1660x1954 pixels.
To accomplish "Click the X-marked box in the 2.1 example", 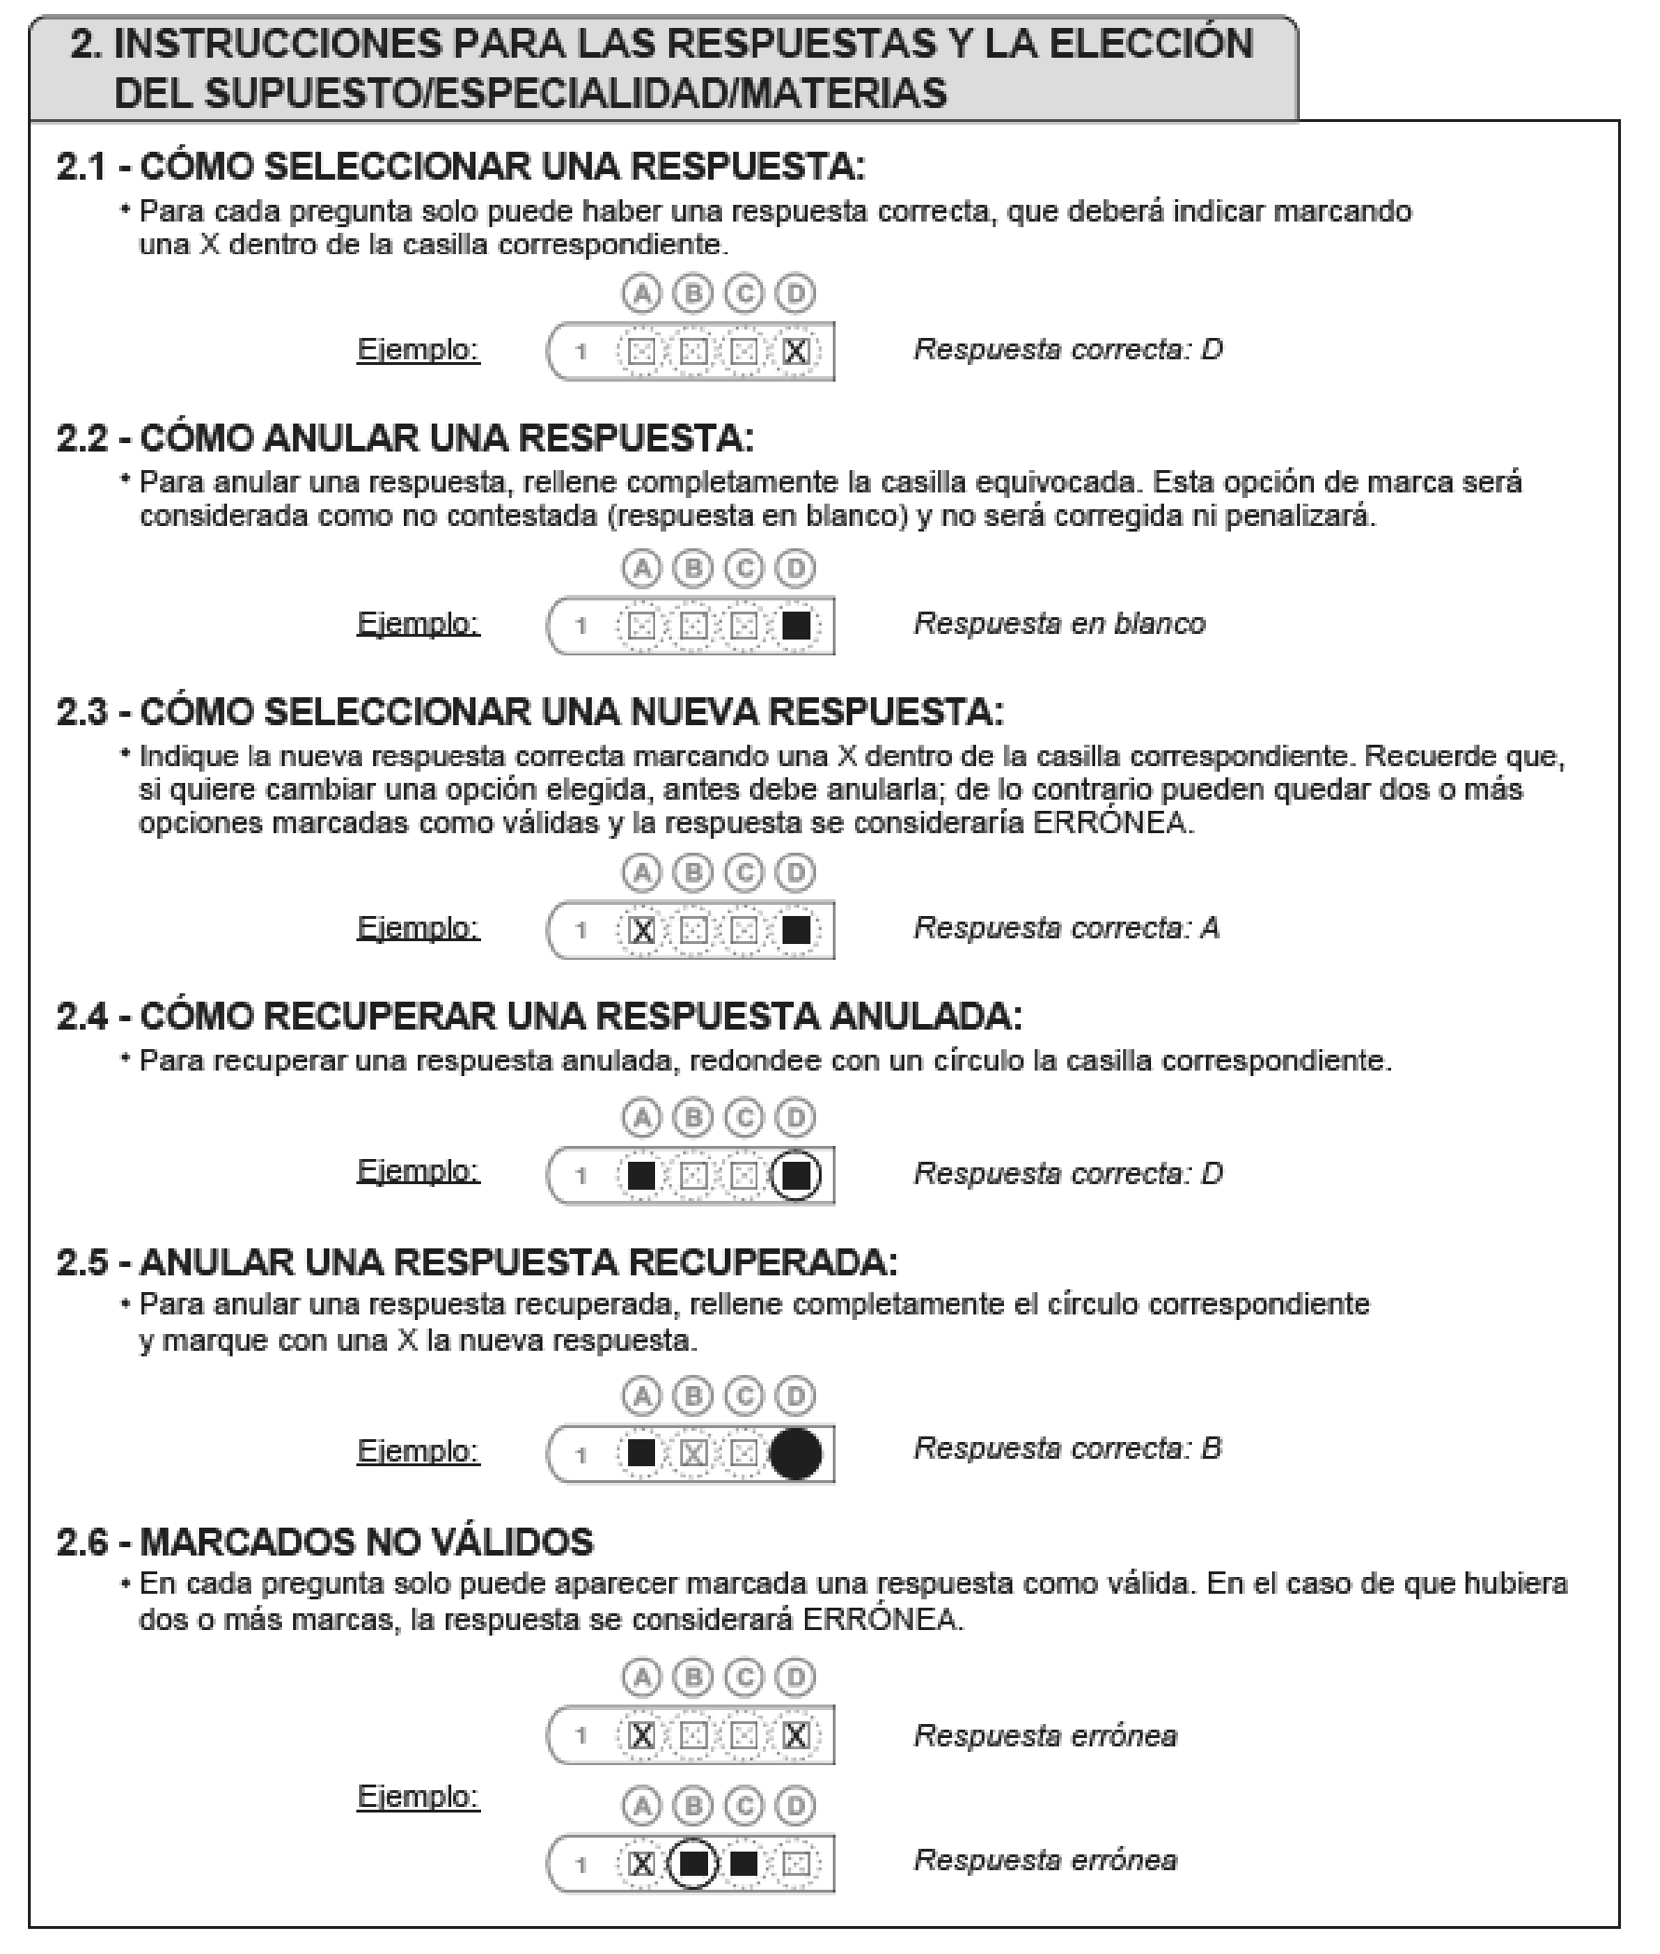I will (x=796, y=352).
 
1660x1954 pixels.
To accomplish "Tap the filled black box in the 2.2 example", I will (x=797, y=626).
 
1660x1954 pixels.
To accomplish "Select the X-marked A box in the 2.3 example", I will (x=642, y=931).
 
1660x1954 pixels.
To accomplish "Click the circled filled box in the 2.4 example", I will (x=797, y=1175).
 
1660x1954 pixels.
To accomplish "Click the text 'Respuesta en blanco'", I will (x=1060, y=624).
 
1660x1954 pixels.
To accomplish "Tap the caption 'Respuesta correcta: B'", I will (x=1067, y=1448).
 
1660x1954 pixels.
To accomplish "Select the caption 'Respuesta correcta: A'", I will (x=1066, y=928).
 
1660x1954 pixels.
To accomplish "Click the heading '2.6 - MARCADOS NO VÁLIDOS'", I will (x=325, y=1543).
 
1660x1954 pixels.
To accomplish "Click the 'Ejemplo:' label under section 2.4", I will (x=418, y=1171).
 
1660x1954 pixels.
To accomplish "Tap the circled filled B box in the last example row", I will (x=693, y=1863).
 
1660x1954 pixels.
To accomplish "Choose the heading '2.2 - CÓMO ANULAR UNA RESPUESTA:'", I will (x=405, y=438).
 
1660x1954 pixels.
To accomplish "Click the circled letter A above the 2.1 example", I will (x=642, y=293).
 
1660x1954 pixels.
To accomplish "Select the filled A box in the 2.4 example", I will (x=642, y=1175).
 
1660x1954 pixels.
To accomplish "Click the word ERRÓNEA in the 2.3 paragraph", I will (x=1111, y=823).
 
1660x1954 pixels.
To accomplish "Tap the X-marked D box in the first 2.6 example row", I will (x=796, y=1735).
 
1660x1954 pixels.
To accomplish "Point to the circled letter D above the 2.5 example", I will (x=796, y=1395).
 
